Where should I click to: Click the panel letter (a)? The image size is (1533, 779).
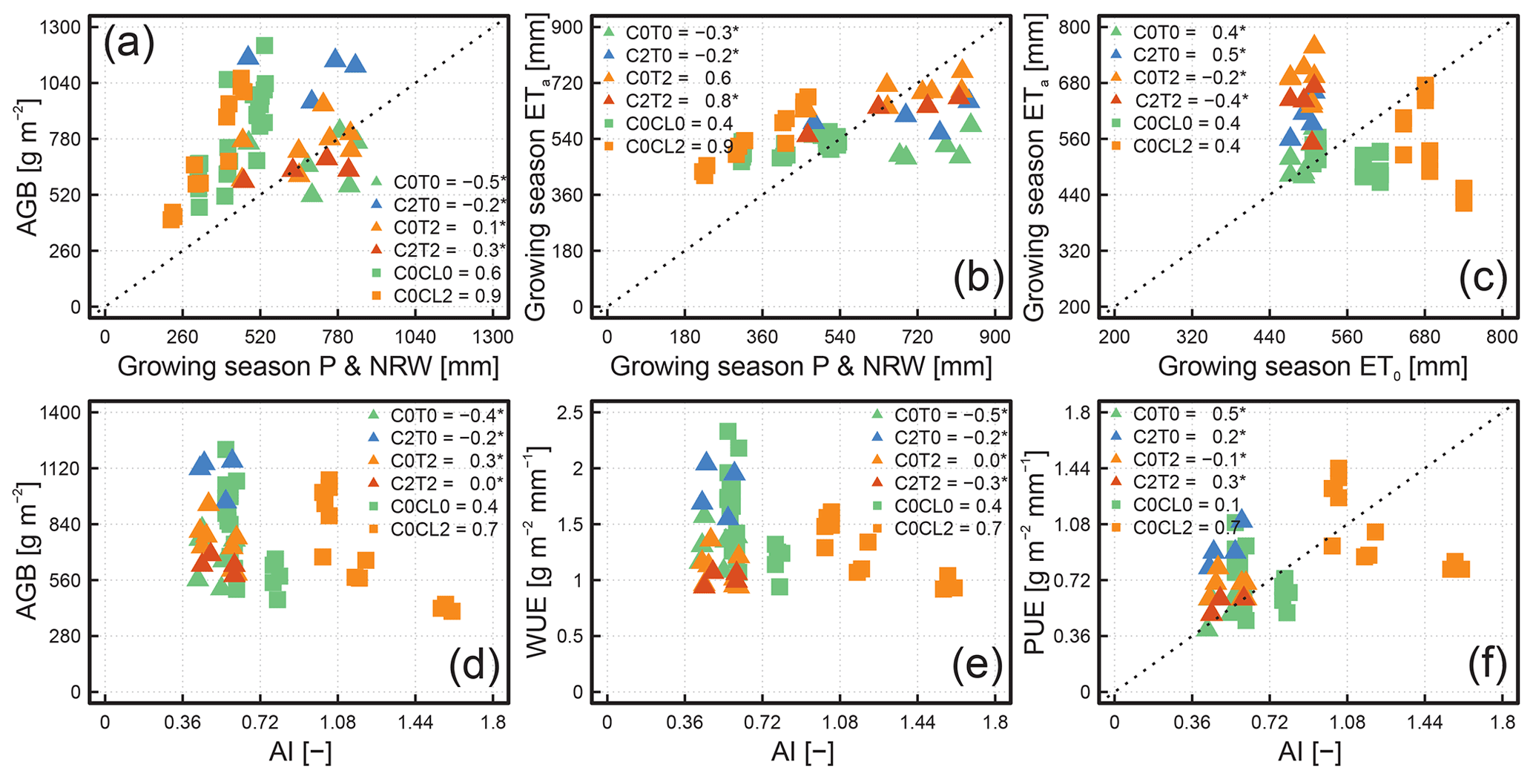pyautogui.click(x=129, y=44)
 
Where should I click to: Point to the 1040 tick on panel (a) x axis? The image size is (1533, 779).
pyautogui.click(x=415, y=337)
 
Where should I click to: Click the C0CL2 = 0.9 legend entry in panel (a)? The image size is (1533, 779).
pyautogui.click(x=438, y=296)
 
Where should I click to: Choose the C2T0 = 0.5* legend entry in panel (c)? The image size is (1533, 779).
pyautogui.click(x=1179, y=54)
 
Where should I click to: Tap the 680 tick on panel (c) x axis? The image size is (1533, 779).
pyautogui.click(x=1424, y=337)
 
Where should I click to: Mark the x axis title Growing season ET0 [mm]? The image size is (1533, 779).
pyautogui.click(x=1312, y=367)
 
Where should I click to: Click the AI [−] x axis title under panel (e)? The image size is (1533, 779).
pyautogui.click(x=802, y=752)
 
